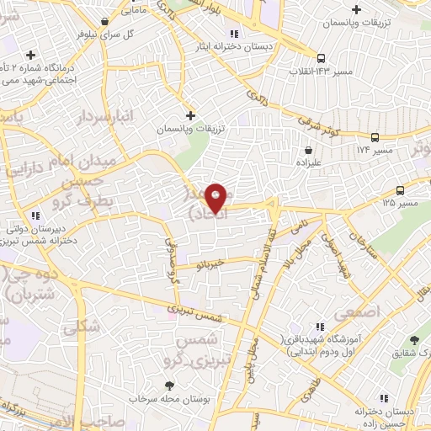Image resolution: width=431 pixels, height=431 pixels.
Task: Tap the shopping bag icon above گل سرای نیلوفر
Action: click(x=104, y=21)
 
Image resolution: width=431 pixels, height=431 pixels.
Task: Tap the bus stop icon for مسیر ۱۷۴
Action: click(x=375, y=137)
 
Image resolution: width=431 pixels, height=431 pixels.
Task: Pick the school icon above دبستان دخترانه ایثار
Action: click(x=234, y=34)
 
